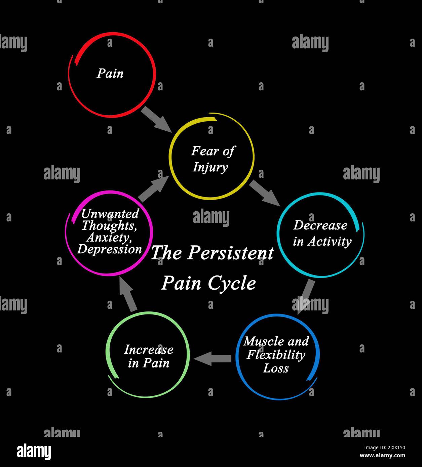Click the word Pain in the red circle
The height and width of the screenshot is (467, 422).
110,73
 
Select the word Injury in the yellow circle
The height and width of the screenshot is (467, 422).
210,167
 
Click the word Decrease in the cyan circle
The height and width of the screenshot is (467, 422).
320,225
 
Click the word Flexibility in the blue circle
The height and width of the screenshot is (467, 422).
276,355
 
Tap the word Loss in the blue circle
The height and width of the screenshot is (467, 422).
276,368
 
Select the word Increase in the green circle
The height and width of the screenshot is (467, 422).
148,350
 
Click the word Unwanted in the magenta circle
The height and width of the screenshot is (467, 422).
110,214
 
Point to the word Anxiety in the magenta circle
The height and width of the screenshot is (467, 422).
109,238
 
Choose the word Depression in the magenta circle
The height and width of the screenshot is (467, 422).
109,249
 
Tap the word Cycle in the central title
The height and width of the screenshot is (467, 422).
232,283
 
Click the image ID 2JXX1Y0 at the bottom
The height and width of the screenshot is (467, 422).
384,448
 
